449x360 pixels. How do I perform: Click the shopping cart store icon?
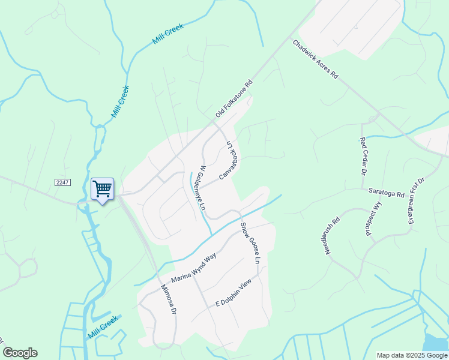[102, 190]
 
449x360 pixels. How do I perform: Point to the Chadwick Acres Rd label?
[316, 60]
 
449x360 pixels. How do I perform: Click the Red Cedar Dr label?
[363, 156]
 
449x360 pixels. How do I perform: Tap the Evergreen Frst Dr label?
[416, 201]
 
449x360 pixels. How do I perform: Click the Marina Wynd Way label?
[193, 268]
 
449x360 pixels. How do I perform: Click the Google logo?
[20, 353]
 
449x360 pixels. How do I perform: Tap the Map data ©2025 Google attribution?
[411, 355]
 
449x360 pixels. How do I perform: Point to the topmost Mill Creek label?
[167, 36]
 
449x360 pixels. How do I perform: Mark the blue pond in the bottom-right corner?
[436, 343]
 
